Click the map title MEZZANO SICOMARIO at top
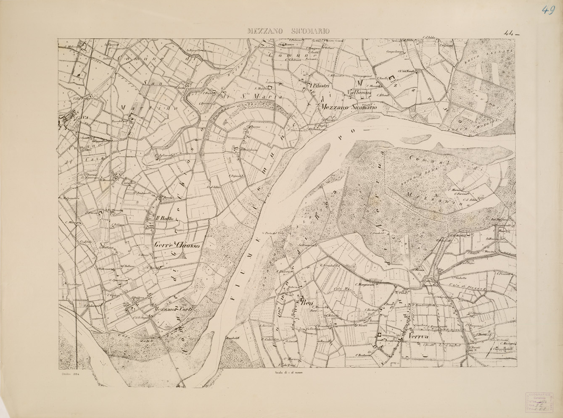point(288,31)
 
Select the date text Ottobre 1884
point(71,373)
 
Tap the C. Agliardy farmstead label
point(164,154)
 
